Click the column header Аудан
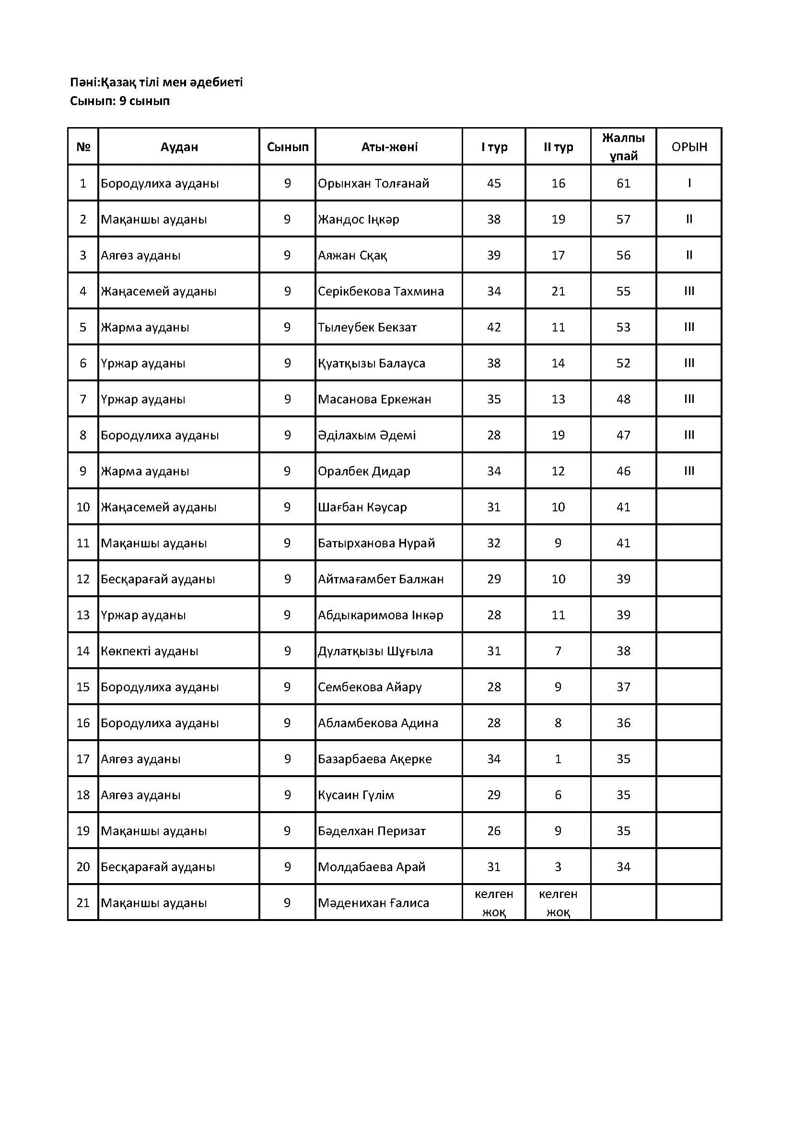coord(179,147)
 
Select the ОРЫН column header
coord(688,147)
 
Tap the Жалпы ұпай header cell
coord(623,147)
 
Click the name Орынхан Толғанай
coord(373,183)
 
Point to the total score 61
coord(623,183)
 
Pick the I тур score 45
coord(494,183)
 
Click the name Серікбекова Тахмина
coord(381,291)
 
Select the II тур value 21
coord(558,291)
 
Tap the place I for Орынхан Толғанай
coord(688,183)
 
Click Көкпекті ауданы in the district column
coord(150,651)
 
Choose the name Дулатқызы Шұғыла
coord(375,651)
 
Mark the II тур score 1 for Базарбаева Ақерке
coord(558,759)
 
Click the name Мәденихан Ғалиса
coord(373,903)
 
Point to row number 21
coord(83,903)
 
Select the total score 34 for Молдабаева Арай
coord(623,867)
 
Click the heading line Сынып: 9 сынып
coord(120,101)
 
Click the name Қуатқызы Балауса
coord(372,363)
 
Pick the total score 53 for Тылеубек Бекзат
coord(623,327)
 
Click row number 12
coord(83,579)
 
